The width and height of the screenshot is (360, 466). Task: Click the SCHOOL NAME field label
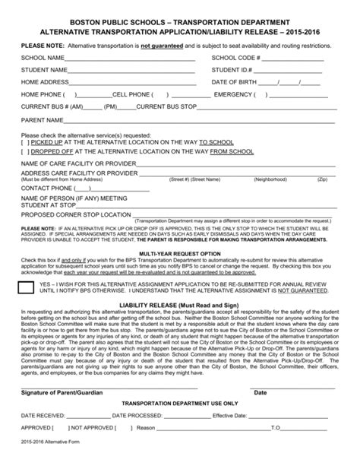click(43, 58)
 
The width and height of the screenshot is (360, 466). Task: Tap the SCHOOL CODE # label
click(238, 58)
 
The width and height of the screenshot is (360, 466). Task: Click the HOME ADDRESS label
click(45, 82)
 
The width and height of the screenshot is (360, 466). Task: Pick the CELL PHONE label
click(132, 94)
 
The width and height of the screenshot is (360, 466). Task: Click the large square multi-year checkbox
click(27, 287)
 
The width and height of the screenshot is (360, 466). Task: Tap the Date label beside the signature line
click(260, 393)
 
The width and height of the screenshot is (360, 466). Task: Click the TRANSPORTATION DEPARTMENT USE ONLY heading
click(180, 404)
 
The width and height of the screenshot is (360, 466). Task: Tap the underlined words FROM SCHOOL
click(232, 151)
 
